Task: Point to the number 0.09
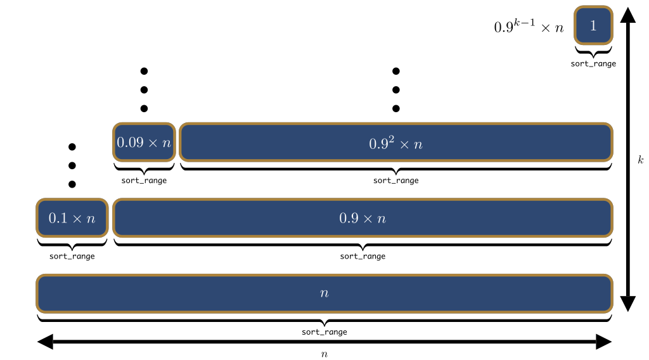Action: click(130, 143)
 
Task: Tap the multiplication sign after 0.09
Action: click(153, 143)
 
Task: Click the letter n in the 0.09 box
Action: click(166, 143)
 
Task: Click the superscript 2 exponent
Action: click(392, 139)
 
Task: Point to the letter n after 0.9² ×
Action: click(418, 145)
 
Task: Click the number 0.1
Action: click(58, 219)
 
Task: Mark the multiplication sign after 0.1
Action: click(77, 219)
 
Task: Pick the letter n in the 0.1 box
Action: click(91, 219)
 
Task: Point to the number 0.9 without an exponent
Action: click(349, 219)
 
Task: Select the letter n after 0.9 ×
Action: click(382, 219)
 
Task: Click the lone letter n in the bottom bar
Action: click(324, 293)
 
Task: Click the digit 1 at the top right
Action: click(593, 26)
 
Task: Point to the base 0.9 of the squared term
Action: click(378, 145)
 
